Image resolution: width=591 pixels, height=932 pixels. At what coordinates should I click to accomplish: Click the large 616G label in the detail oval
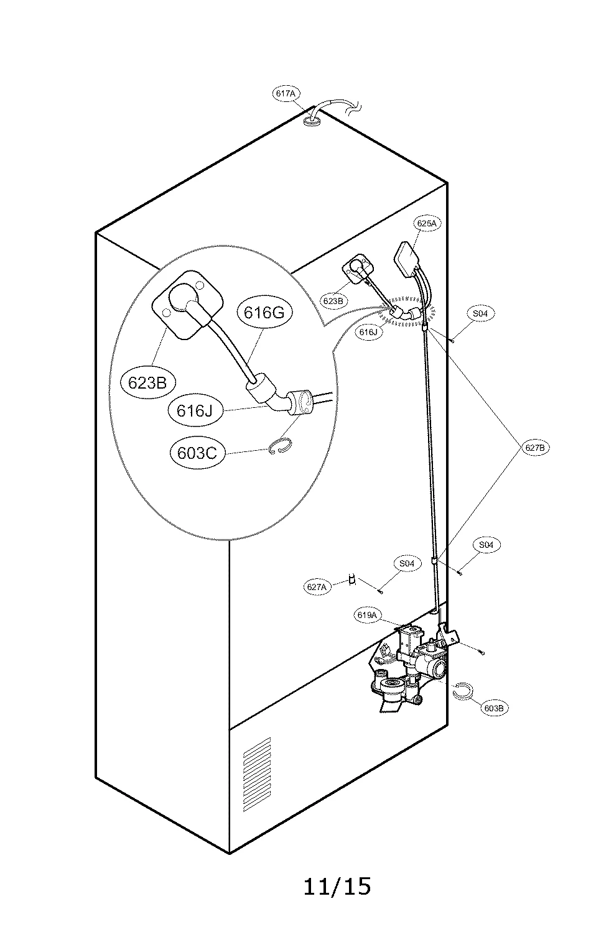264,312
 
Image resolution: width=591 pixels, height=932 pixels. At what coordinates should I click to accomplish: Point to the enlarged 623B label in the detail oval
147,383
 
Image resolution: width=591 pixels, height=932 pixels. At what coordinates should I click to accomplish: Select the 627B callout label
535,447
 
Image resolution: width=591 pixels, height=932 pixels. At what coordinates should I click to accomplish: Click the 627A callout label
317,586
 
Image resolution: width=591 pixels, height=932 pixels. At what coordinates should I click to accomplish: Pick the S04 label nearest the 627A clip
406,563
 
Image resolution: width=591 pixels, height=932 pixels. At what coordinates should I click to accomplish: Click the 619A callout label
367,616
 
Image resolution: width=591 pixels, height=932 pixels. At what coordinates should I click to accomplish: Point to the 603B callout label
493,708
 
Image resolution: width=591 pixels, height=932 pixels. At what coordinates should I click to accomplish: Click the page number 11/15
337,885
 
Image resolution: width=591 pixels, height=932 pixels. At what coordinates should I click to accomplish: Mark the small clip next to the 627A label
353,579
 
